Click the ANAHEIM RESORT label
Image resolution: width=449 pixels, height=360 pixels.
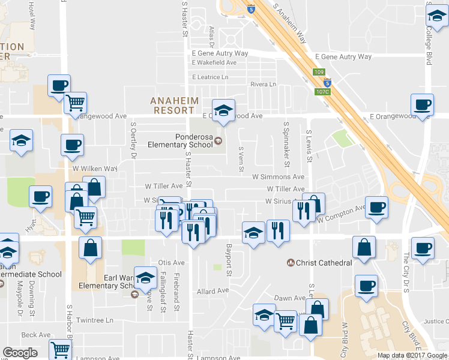[x=172, y=105]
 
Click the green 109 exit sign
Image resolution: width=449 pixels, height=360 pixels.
[x=319, y=73]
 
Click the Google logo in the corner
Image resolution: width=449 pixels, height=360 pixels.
[x=20, y=352]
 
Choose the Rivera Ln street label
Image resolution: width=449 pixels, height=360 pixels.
[x=263, y=85]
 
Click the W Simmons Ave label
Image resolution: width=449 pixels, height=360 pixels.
[x=278, y=177]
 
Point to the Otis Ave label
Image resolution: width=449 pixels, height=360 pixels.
[x=171, y=263]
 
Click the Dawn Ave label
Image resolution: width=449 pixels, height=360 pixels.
[x=290, y=298]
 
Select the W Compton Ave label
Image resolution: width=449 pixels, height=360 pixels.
[x=342, y=214]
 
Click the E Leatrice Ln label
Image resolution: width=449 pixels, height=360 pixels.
[x=210, y=77]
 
